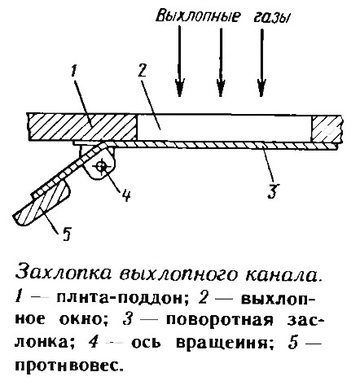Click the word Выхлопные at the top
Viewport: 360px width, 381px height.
click(x=198, y=17)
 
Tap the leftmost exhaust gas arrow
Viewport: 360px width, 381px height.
click(x=179, y=61)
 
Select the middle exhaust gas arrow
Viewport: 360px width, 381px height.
click(x=221, y=61)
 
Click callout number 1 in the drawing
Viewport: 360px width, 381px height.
click(x=72, y=72)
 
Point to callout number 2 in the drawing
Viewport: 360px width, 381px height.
click(x=142, y=72)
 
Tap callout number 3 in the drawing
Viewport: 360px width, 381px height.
click(x=273, y=190)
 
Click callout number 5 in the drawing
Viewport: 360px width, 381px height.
click(x=67, y=234)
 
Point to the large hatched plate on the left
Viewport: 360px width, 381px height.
click(x=82, y=127)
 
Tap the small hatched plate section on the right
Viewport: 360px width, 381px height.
click(x=325, y=129)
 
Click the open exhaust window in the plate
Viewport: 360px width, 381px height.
click(x=224, y=128)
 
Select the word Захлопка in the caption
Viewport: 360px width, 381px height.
click(x=64, y=274)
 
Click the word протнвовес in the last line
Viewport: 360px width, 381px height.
click(x=67, y=366)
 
